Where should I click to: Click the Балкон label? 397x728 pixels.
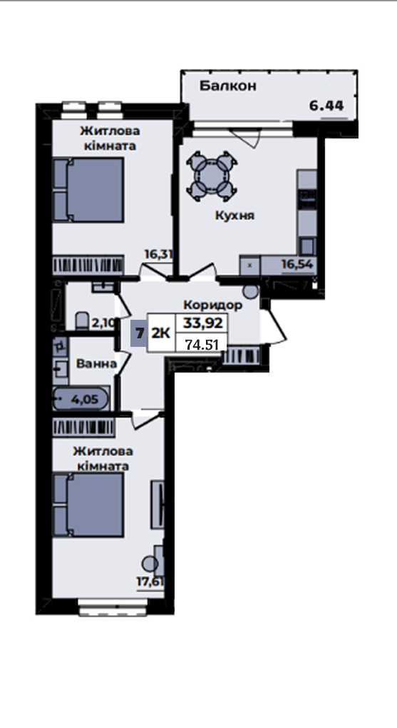click(227, 86)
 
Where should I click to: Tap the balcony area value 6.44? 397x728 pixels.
click(326, 106)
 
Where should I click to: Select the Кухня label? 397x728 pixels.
click(234, 216)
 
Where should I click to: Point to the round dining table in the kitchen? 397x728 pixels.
click(212, 176)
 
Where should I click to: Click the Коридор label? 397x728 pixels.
click(213, 305)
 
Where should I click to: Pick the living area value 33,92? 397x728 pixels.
click(203, 322)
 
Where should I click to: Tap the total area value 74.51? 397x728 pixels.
click(202, 345)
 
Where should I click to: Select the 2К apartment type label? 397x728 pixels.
click(161, 333)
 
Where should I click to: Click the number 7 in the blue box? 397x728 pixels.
click(138, 333)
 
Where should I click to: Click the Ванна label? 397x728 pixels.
click(96, 363)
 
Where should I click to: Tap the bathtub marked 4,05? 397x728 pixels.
click(81, 399)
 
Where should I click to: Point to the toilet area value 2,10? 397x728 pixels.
click(103, 323)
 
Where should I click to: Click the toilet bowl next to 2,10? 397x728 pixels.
click(82, 320)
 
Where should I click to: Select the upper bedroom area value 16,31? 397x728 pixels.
click(158, 254)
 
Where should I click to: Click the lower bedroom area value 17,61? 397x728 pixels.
click(150, 581)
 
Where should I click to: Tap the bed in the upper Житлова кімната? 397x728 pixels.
click(88, 190)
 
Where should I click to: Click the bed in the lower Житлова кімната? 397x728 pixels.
click(88, 505)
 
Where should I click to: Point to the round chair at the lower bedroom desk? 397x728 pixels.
click(150, 564)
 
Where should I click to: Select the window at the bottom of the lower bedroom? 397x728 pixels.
click(113, 607)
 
